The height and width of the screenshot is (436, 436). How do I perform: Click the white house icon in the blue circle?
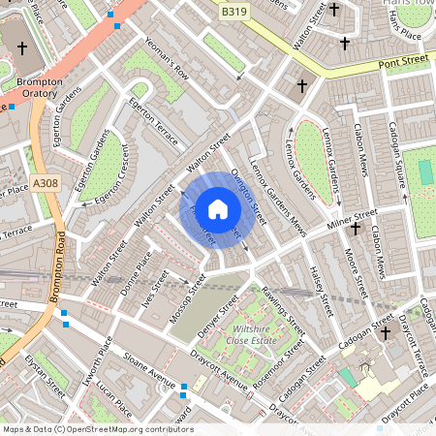[218, 208]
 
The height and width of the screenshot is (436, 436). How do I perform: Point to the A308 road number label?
[46, 182]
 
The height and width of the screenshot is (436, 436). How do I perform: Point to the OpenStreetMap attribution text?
[97, 428]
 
